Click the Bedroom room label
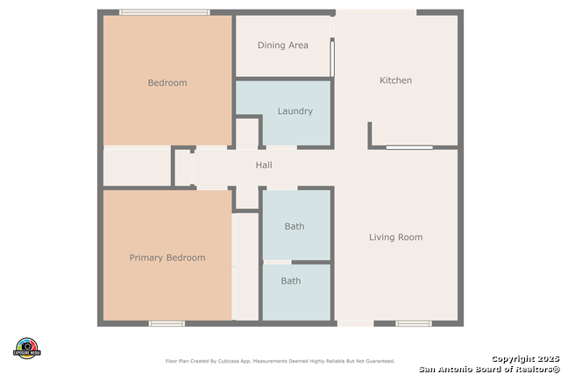167,83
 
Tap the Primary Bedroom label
167,258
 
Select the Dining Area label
282,46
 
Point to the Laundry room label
295,111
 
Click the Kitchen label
395,81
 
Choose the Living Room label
395,237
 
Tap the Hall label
264,165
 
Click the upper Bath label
295,227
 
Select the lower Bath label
291,281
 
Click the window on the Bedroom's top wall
164,12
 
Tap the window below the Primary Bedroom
167,323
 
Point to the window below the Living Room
413,323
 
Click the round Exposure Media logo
27,348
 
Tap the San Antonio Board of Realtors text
489,368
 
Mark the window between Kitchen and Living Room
408,147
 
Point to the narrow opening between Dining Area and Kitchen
331,57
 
